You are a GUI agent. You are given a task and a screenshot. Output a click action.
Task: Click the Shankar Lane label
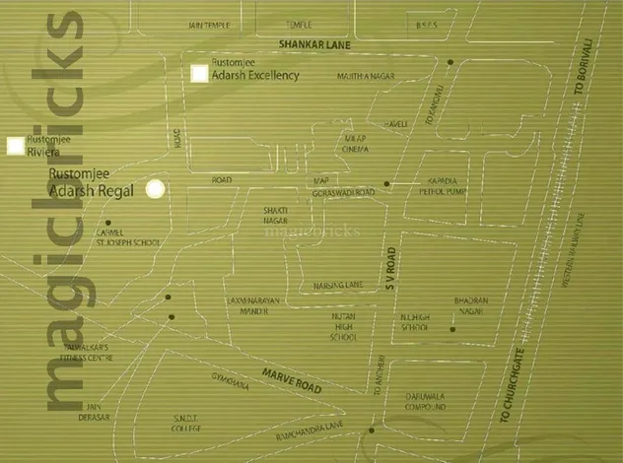313,45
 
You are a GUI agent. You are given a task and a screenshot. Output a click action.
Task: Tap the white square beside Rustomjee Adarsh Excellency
200,73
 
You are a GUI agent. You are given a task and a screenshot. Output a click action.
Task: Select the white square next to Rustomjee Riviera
15,146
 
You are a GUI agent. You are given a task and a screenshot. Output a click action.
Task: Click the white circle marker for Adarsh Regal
155,189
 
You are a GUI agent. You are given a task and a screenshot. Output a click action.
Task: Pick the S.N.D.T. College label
185,424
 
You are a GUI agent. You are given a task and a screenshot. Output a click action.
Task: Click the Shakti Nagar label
275,217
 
